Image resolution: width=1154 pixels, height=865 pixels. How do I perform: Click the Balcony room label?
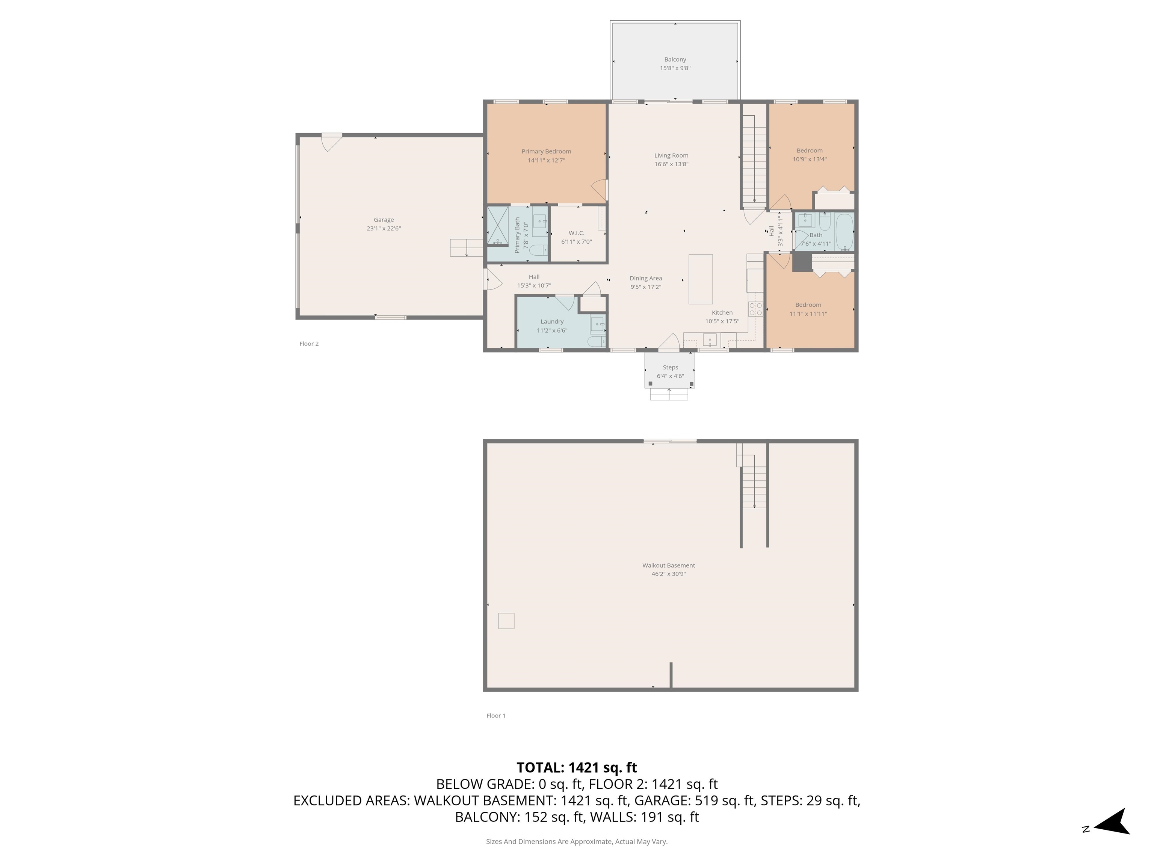click(x=675, y=59)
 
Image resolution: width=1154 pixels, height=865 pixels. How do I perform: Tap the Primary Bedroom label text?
click(x=546, y=152)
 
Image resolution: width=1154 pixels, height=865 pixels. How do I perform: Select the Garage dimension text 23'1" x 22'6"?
click(x=384, y=228)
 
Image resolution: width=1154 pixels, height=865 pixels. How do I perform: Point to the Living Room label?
click(x=671, y=155)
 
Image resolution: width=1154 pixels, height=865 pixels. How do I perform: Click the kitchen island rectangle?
click(x=701, y=279)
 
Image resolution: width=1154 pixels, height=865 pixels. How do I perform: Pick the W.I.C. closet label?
click(x=577, y=233)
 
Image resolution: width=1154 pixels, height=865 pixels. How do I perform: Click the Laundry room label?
click(x=552, y=322)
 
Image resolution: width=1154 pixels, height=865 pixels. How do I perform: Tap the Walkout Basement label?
click(x=669, y=565)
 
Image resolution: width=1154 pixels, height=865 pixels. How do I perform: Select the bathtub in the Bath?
click(x=844, y=232)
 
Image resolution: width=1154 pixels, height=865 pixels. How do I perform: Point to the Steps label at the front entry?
click(x=671, y=368)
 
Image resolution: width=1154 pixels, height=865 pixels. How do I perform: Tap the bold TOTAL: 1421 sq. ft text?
click(x=577, y=767)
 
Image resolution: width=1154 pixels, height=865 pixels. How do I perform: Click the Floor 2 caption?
click(x=309, y=344)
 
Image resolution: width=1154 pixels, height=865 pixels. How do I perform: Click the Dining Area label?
click(x=646, y=279)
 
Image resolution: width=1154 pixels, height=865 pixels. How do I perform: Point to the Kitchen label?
click(x=722, y=313)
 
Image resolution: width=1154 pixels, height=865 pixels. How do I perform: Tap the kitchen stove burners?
click(x=755, y=309)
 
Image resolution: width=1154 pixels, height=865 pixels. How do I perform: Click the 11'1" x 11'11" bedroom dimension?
click(x=808, y=314)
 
